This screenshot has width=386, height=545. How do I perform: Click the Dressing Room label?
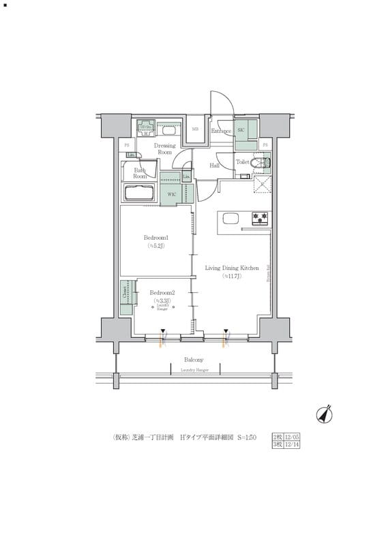point(164,149)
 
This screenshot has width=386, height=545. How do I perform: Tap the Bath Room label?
point(140,173)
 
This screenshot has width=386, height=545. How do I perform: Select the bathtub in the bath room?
point(140,193)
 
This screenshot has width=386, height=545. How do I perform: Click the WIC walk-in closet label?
point(173,193)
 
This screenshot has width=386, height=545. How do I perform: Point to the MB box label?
point(194,129)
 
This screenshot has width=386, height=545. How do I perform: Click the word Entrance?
point(221,131)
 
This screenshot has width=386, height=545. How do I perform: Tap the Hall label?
point(213,166)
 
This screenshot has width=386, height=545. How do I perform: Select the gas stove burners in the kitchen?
point(261,219)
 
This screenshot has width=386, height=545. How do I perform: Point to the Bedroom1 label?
point(155,238)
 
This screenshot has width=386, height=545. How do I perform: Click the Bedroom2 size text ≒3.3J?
point(162,300)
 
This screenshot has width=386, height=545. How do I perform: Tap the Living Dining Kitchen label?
point(232,268)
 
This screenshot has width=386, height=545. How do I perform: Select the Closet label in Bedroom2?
point(125,292)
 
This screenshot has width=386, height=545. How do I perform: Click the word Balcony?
point(194,360)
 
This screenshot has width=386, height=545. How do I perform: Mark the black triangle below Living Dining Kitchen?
point(226,331)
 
